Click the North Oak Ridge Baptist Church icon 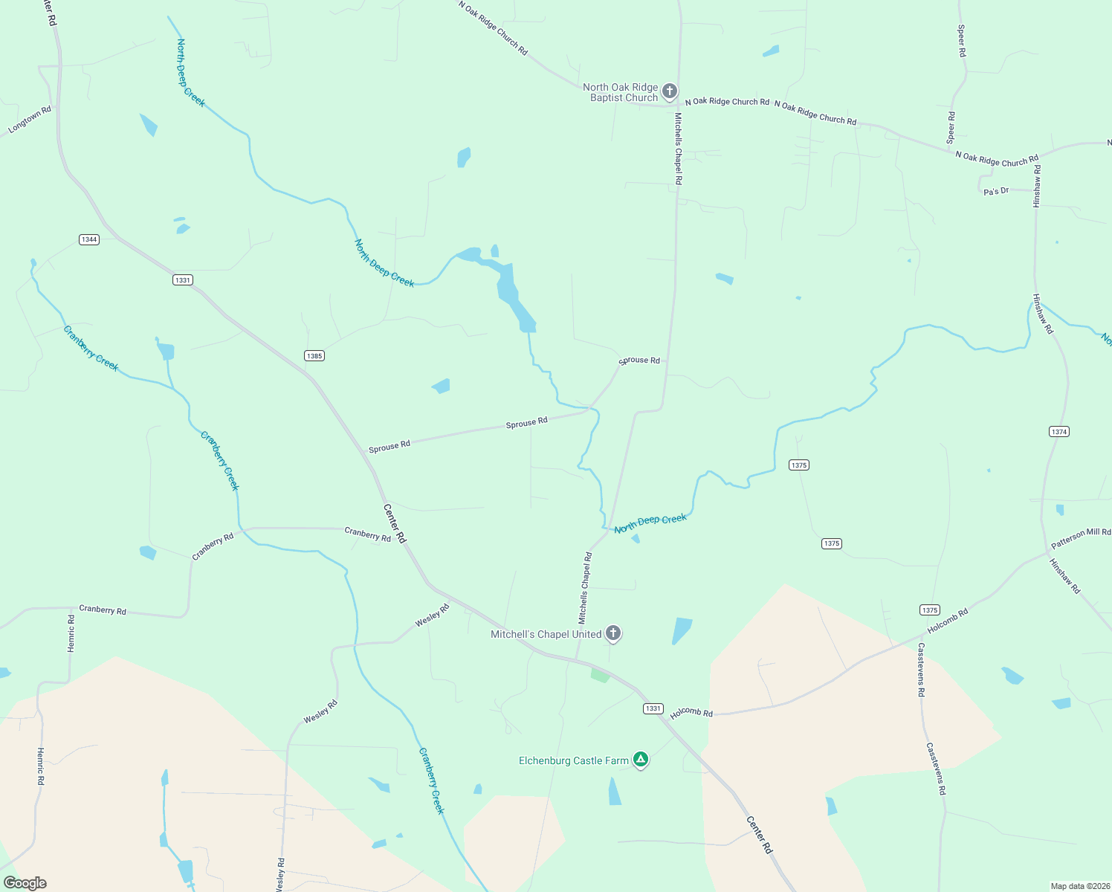coord(669,91)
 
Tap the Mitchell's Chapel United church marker coord(612,633)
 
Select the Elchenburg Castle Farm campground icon coord(641,760)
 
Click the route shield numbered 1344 coord(89,239)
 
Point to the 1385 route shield coord(314,356)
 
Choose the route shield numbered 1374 coord(1059,432)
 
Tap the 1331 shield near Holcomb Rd coord(653,708)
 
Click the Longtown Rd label coord(30,120)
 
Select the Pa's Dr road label coord(996,191)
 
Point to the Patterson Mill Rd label coord(1081,538)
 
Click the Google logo coord(25,883)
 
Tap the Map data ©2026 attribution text coord(1079,886)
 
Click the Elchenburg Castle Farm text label coord(573,760)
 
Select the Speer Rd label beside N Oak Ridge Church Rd coord(951,127)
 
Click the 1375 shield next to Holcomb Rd coord(929,610)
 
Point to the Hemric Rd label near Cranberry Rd coord(71,633)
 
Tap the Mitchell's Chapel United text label coord(546,634)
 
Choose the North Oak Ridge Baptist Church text coord(621,92)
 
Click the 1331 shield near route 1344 coord(183,280)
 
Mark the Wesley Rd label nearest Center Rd coord(432,615)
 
